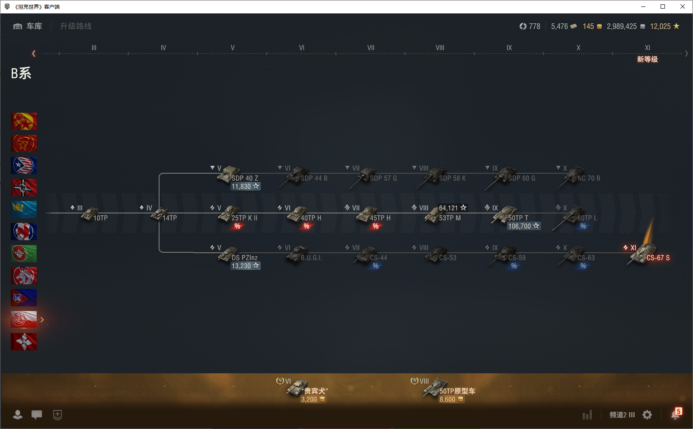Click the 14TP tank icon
[160, 213]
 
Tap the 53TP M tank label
[450, 218]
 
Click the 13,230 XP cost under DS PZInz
[245, 266]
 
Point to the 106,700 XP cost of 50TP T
[523, 226]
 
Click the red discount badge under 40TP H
[307, 226]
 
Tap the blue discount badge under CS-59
[514, 266]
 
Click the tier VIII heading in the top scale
[440, 48]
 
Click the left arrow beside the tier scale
[34, 54]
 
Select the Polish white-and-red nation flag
[24, 320]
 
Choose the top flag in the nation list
[24, 121]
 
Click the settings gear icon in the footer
[647, 415]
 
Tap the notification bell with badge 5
[675, 414]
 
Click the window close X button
[683, 6]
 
